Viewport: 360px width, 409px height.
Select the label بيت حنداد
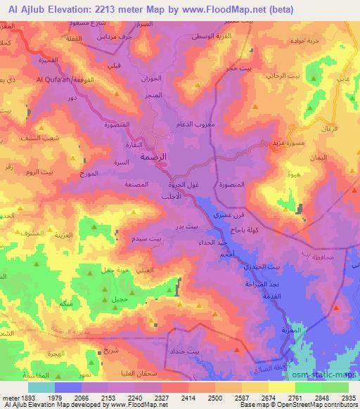point(186,350)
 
